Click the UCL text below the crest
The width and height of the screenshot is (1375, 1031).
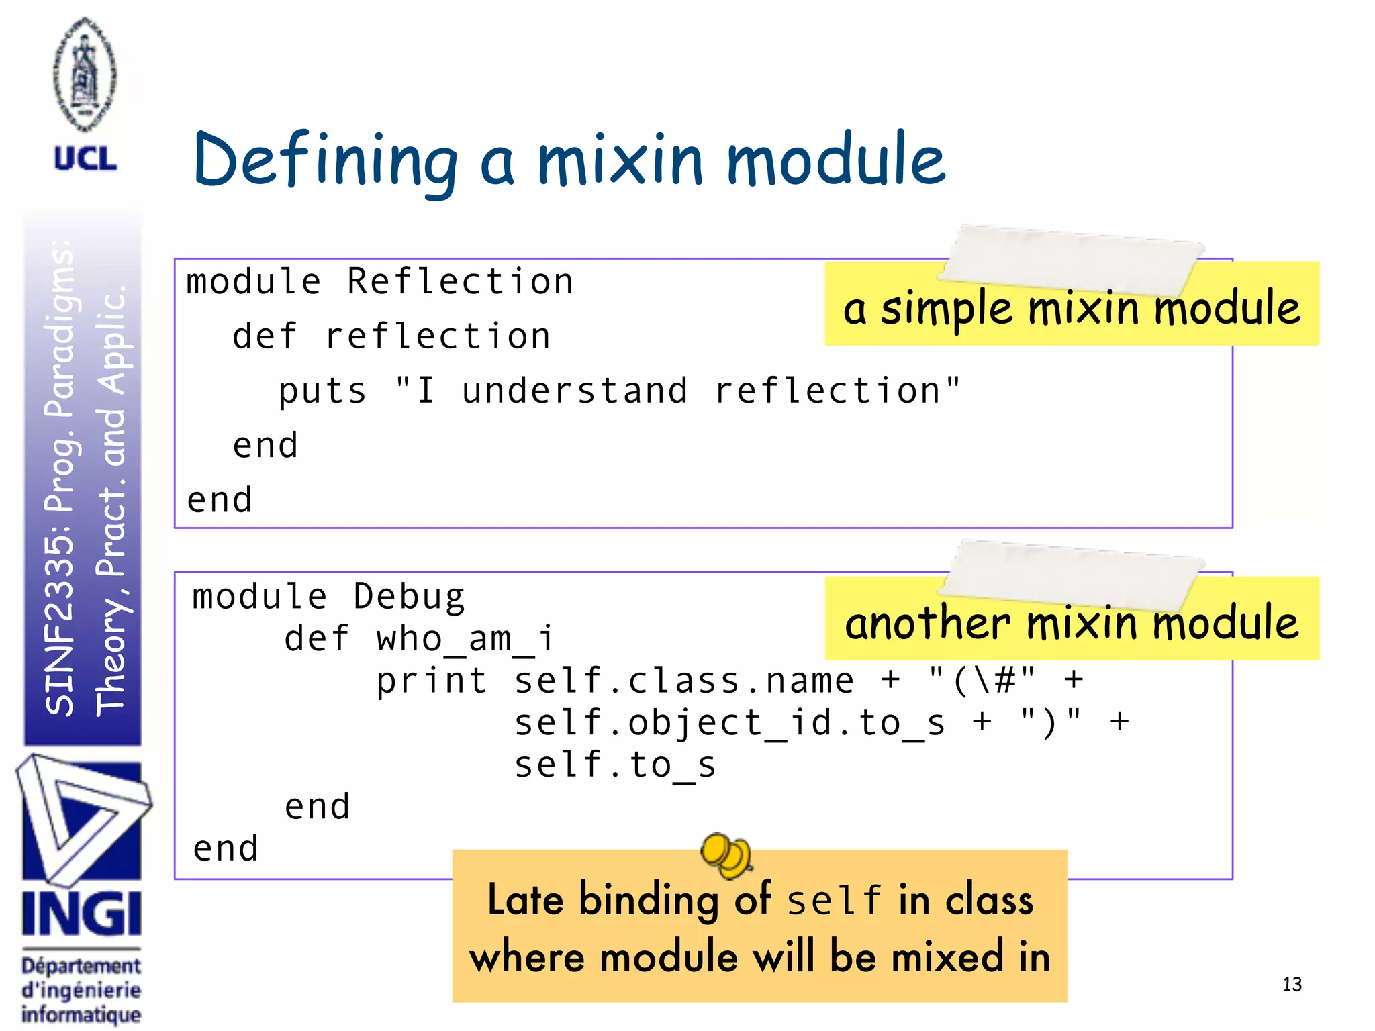point(85,159)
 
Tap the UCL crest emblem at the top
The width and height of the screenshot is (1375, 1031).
point(85,74)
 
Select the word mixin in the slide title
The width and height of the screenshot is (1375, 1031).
point(620,161)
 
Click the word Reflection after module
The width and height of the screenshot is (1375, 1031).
point(460,281)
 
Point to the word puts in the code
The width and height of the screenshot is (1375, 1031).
point(322,391)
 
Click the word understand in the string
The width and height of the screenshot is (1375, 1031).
point(575,391)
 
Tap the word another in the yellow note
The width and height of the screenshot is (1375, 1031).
point(927,623)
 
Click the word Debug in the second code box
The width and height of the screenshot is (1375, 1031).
point(409,597)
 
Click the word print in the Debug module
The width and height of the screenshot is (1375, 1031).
point(431,681)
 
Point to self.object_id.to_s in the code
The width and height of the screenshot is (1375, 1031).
point(730,723)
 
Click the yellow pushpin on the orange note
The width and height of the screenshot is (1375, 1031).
point(725,854)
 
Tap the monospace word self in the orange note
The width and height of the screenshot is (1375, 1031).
point(834,901)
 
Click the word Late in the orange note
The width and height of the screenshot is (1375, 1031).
point(525,899)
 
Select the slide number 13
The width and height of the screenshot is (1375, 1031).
point(1292,984)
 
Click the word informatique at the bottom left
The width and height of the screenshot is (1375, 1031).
point(81,1014)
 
